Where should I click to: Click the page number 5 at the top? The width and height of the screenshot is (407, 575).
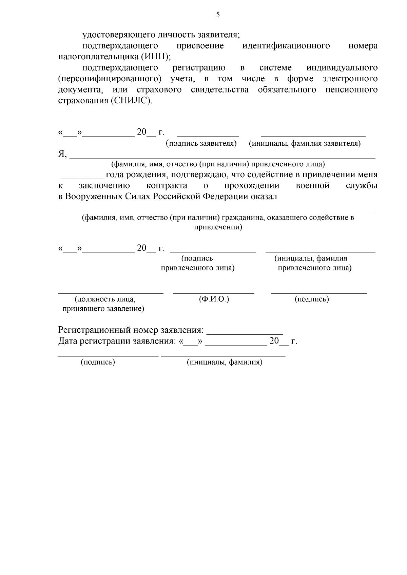pyautogui.click(x=218, y=15)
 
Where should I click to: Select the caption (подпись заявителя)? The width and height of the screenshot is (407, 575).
pyautogui.click(x=201, y=143)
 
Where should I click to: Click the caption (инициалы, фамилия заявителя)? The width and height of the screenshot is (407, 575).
pyautogui.click(x=305, y=143)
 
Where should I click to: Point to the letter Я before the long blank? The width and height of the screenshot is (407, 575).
pyautogui.click(x=62, y=154)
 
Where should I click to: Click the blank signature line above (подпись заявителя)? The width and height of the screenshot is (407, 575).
pyautogui.click(x=208, y=135)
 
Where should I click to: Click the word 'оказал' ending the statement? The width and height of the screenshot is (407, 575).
pyautogui.click(x=264, y=197)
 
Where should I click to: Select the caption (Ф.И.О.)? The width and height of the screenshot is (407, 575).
pyautogui.click(x=214, y=299)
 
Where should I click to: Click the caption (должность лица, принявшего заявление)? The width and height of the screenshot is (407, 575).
pyautogui.click(x=103, y=304)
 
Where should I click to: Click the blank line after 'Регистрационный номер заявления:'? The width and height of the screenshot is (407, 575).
pyautogui.click(x=245, y=333)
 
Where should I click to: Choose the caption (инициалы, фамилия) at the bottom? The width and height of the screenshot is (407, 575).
pyautogui.click(x=225, y=362)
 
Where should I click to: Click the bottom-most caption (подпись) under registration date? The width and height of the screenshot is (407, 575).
pyautogui.click(x=98, y=362)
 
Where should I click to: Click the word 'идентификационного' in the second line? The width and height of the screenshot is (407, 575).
pyautogui.click(x=286, y=46)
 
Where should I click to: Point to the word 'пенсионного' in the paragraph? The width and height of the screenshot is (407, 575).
pyautogui.click(x=351, y=90)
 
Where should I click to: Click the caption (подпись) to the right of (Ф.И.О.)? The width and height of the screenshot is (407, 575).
pyautogui.click(x=312, y=299)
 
